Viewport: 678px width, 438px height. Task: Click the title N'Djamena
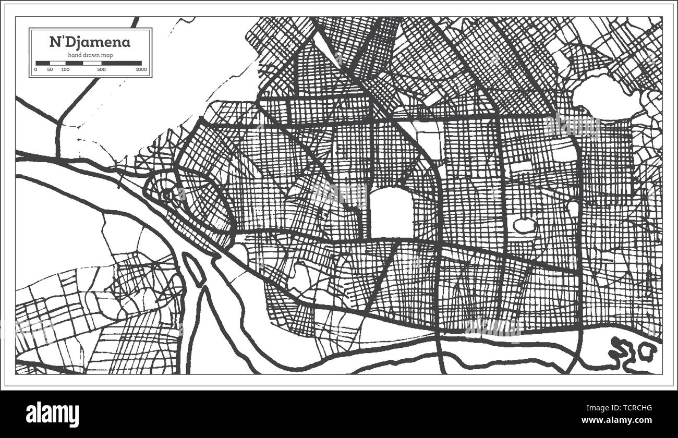pos(90,42)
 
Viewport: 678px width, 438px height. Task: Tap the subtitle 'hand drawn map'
pos(90,55)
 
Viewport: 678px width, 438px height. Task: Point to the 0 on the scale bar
pos(36,69)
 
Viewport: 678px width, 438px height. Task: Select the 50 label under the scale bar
pos(50,69)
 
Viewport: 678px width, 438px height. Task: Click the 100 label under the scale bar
pos(65,69)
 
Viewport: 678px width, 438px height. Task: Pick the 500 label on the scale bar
pos(101,69)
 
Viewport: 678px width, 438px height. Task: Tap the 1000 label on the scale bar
pos(140,69)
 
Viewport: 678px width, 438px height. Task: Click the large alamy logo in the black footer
pos(53,415)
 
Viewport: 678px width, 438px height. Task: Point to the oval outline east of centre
pos(524,226)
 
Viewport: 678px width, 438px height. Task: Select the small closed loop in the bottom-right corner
pos(647,351)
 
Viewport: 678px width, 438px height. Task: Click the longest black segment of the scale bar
pos(122,63)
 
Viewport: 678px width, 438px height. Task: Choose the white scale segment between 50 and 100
pos(57,63)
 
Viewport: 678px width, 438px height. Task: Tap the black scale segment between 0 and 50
pos(42,63)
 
